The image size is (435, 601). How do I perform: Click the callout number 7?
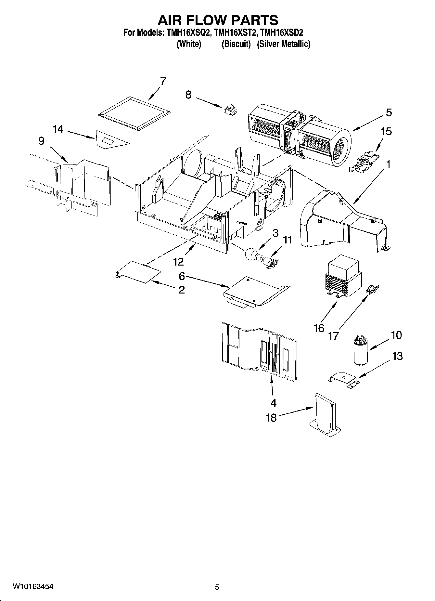coord(163,81)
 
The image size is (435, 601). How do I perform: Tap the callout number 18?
coord(271,417)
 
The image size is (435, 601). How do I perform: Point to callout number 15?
coord(386,132)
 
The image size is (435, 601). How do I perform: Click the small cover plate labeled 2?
coord(138,271)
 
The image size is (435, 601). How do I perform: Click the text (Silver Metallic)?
coord(283,44)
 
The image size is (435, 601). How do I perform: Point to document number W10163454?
coord(33,586)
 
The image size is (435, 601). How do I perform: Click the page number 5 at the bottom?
coord(217,587)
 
